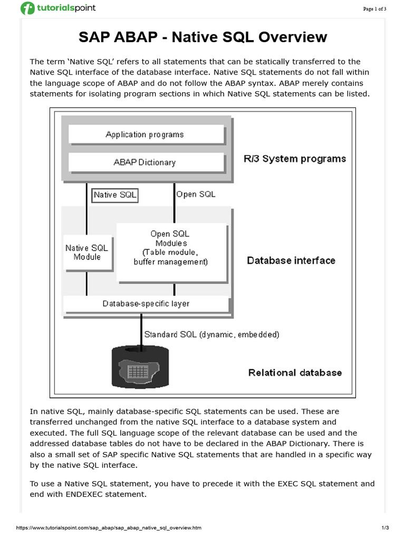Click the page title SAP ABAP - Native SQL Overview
pos(202,37)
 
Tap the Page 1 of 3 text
pos(375,8)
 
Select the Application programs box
pos(145,134)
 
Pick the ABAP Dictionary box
pos(145,162)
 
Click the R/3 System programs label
pos(295,159)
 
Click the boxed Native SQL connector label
pos(115,195)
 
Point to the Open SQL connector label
pos(196,195)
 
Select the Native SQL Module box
pos(87,252)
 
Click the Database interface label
pos(291,261)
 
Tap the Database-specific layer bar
pos(146,304)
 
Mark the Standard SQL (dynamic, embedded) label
pos(211,334)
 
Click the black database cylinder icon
pos(138,368)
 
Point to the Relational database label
pos(295,373)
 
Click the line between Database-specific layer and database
pos(141,330)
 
